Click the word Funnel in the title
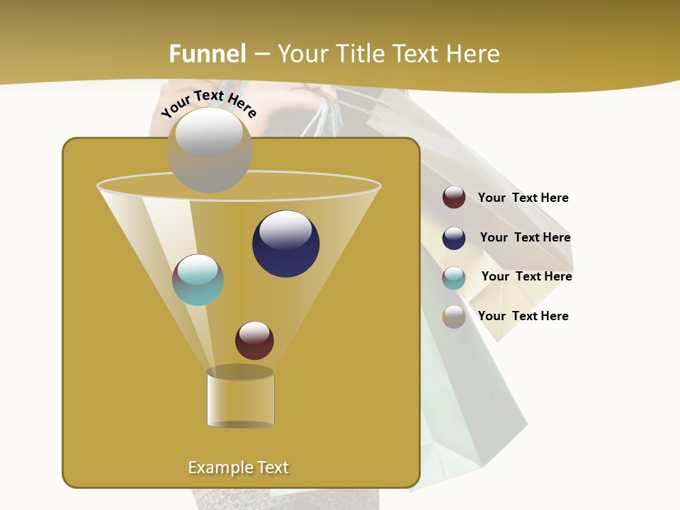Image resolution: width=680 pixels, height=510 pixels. (x=208, y=54)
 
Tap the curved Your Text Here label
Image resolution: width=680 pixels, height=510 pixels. (x=209, y=103)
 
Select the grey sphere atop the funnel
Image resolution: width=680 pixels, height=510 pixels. (x=209, y=150)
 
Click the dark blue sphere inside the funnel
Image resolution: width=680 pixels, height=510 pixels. (x=285, y=244)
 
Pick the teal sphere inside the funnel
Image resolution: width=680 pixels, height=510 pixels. (x=198, y=280)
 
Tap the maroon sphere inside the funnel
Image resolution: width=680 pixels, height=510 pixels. (x=254, y=340)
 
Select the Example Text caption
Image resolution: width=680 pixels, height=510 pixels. (x=239, y=467)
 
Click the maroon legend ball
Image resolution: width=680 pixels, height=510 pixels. (x=454, y=197)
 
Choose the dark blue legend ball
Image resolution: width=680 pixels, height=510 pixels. (x=454, y=238)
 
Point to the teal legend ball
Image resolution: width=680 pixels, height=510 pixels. (x=454, y=278)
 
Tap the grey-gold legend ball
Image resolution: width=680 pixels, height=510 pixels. (x=454, y=317)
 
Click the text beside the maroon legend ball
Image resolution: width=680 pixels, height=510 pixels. (x=523, y=198)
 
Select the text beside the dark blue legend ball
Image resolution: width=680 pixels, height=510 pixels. (x=525, y=237)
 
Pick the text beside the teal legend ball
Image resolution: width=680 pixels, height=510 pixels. (x=526, y=276)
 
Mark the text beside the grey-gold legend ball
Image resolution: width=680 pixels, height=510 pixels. (x=523, y=316)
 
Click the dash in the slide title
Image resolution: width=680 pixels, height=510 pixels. (x=261, y=54)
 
